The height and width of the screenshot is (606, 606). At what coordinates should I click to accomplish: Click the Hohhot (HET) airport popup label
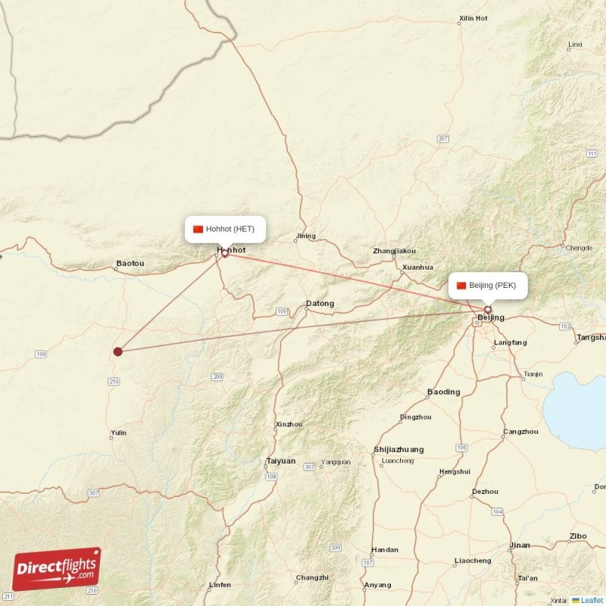pyautogui.click(x=225, y=229)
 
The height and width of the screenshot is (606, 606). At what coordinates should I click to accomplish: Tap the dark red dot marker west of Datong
pyautogui.click(x=117, y=351)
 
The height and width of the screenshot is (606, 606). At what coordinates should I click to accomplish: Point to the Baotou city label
pyautogui.click(x=130, y=264)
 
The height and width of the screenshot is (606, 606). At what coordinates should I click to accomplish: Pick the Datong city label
pyautogui.click(x=320, y=304)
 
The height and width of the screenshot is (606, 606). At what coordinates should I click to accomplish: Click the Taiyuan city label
pyautogui.click(x=280, y=461)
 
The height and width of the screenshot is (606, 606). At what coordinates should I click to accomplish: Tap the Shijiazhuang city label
pyautogui.click(x=398, y=449)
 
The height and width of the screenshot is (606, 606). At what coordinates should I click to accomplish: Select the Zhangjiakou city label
pyautogui.click(x=394, y=251)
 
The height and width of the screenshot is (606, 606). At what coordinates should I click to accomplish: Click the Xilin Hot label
pyautogui.click(x=473, y=17)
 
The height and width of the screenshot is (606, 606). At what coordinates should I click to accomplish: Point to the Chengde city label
pyautogui.click(x=578, y=248)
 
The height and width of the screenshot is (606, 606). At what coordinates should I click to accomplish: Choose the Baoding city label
pyautogui.click(x=443, y=392)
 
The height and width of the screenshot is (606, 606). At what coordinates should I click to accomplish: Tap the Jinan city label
pyautogui.click(x=520, y=545)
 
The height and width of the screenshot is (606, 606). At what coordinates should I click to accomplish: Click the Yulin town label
pyautogui.click(x=118, y=433)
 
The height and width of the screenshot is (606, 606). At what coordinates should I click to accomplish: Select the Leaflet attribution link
pyautogui.click(x=592, y=600)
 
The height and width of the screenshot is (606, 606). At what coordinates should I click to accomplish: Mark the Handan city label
pyautogui.click(x=385, y=550)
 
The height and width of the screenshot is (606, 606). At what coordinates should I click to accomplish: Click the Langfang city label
pyautogui.click(x=510, y=342)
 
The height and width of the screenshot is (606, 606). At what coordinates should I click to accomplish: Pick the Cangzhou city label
pyautogui.click(x=520, y=432)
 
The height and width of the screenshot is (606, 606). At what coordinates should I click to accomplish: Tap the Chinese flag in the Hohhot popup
pyautogui.click(x=198, y=229)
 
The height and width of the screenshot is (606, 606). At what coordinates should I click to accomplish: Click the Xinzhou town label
pyautogui.click(x=289, y=424)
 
